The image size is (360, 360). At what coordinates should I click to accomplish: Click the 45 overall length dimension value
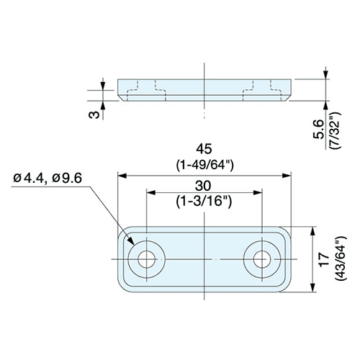tap(204, 149)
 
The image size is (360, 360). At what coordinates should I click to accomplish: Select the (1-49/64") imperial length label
tap(204, 166)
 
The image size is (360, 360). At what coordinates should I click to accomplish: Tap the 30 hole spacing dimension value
tap(203, 186)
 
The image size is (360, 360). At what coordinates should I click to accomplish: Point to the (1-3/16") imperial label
tap(204, 202)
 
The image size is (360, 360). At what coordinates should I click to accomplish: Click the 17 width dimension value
tap(325, 258)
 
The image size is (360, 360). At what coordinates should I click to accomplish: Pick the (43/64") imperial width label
tap(341, 258)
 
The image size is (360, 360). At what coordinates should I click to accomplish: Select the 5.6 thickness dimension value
tap(319, 130)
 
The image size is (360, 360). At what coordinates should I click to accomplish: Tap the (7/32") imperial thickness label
tap(335, 130)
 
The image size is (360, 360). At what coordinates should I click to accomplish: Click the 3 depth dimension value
tap(94, 115)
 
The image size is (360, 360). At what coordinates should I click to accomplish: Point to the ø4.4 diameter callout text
tap(29, 179)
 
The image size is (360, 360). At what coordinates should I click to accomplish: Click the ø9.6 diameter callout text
tap(67, 179)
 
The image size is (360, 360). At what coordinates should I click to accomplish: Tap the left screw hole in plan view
tap(147, 259)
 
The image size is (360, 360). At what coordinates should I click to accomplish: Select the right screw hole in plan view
tap(262, 259)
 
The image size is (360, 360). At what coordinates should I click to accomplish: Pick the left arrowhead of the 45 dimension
tap(122, 176)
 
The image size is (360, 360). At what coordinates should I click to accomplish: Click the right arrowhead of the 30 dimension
tap(258, 192)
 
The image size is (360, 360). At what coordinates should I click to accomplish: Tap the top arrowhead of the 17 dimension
tap(312, 230)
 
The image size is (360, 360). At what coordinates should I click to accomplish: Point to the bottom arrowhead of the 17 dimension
tap(312, 287)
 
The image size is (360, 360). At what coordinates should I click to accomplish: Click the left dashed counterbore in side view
tap(147, 90)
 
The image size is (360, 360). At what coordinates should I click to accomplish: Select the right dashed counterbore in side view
tap(262, 90)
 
